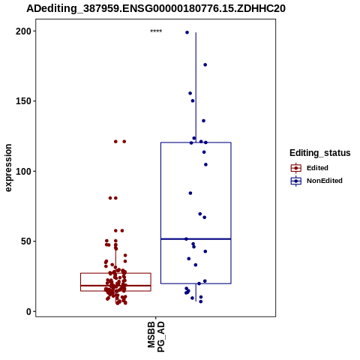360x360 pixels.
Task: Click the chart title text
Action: tap(156, 9)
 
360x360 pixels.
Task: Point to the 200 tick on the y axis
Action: tap(23, 31)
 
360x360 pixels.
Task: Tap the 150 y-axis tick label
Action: tap(23, 101)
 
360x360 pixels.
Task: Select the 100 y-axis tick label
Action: tap(23, 172)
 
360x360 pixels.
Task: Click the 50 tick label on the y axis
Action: tap(26, 241)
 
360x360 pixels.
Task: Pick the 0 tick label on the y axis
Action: tap(29, 311)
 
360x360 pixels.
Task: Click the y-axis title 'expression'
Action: tap(8, 168)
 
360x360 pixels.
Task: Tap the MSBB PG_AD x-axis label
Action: tap(156, 337)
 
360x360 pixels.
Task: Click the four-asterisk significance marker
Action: tap(156, 31)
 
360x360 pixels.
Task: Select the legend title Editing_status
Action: tap(320, 153)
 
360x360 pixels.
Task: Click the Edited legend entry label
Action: tap(317, 168)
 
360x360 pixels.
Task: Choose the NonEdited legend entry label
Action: tap(325, 181)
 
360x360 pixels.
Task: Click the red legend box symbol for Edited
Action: tap(296, 168)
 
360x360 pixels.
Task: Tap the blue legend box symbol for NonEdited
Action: tap(296, 181)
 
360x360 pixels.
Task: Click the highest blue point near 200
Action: tap(187, 32)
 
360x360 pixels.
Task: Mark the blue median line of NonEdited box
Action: tap(196, 239)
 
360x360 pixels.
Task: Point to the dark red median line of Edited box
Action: tap(115, 286)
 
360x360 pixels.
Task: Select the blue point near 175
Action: tap(205, 65)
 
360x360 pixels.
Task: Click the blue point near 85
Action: tap(190, 193)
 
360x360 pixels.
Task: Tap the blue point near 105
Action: tap(205, 164)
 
